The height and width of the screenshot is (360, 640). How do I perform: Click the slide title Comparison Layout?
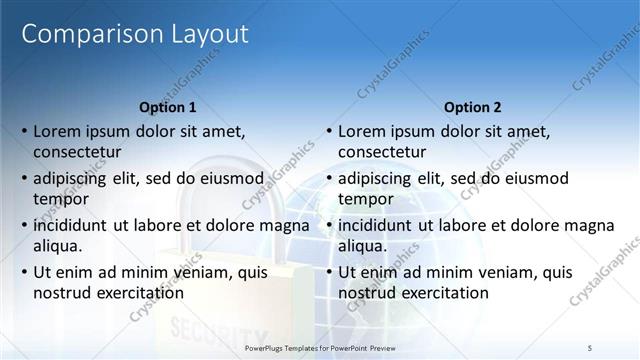[x=135, y=34]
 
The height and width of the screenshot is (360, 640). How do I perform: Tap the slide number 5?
[x=590, y=346]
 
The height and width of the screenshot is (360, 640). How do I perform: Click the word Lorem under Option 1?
[x=57, y=131]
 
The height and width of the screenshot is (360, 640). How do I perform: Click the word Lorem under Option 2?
[x=362, y=131]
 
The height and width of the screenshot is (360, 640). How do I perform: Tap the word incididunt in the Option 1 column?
[x=71, y=226]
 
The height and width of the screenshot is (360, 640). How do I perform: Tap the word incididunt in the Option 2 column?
[x=376, y=226]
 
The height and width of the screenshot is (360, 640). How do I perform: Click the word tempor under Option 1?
[x=60, y=198]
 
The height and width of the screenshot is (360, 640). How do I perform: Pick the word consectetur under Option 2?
[x=382, y=152]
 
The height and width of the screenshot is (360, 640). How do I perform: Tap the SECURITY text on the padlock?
[x=205, y=328]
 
